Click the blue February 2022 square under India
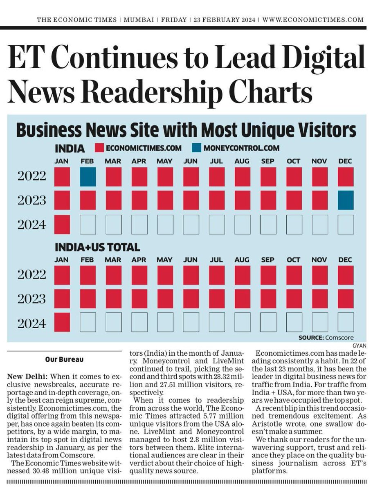pyautogui.click(x=88, y=176)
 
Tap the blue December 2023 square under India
pyautogui.click(x=346, y=200)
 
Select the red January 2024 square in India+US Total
pyautogui.click(x=62, y=322)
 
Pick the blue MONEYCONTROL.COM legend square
pyautogui.click(x=197, y=148)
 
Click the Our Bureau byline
pyautogui.click(x=64, y=359)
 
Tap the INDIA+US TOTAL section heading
pyautogui.click(x=97, y=247)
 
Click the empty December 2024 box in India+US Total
pyautogui.click(x=346, y=322)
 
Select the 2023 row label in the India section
pyautogui.click(x=32, y=200)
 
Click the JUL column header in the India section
pyautogui.click(x=216, y=161)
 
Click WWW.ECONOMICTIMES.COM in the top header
pyautogui.click(x=313, y=19)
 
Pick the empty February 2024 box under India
pyautogui.click(x=88, y=224)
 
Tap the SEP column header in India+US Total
pyautogui.click(x=267, y=259)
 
